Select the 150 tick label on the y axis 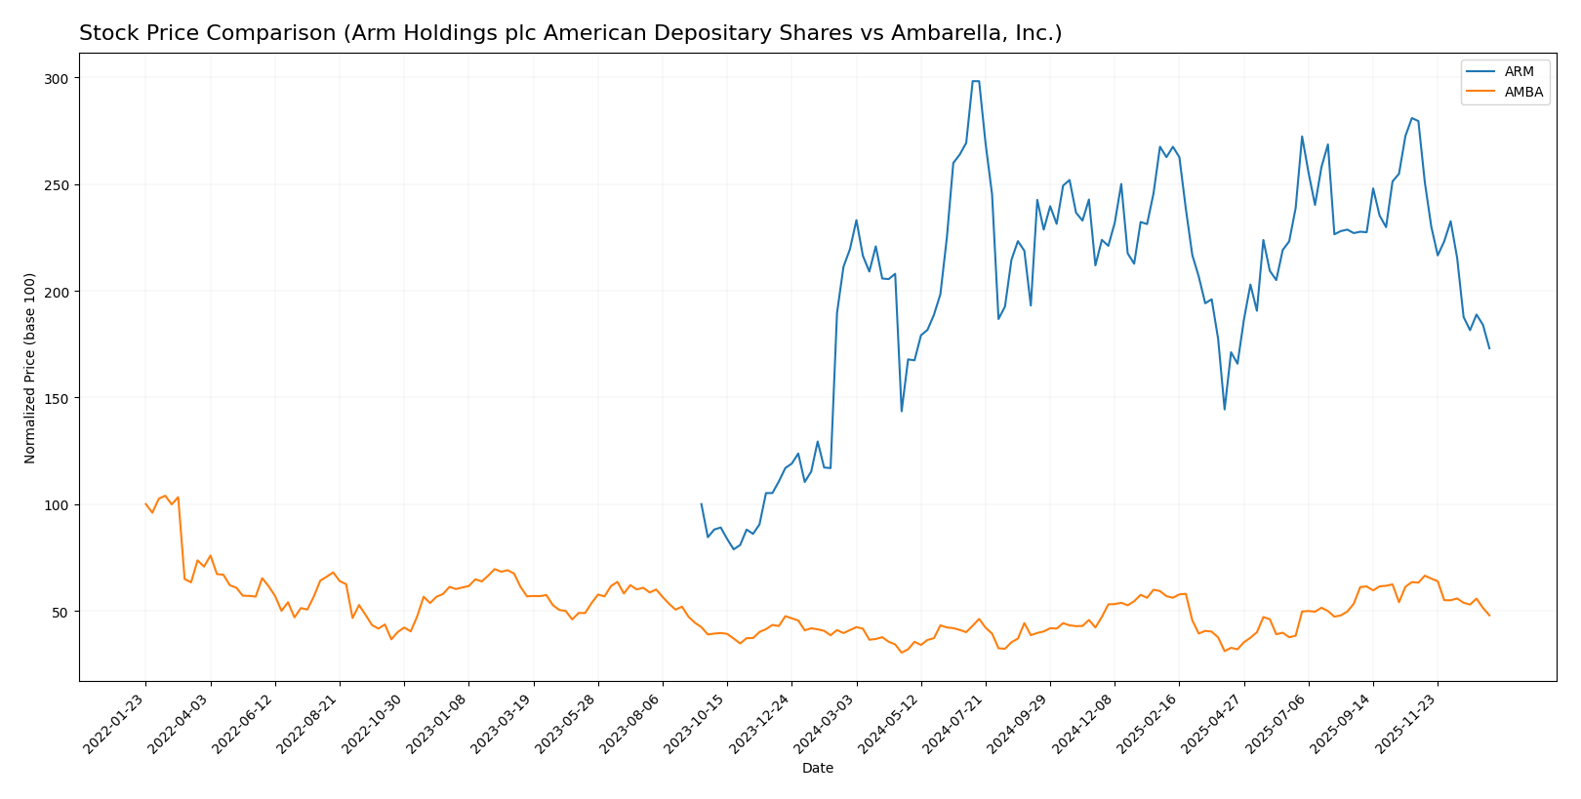click(58, 398)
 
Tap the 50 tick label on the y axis click(61, 612)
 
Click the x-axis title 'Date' click(818, 769)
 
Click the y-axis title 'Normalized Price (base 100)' click(30, 368)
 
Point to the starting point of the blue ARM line click(701, 504)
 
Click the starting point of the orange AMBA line click(145, 504)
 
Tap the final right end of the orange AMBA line click(1489, 616)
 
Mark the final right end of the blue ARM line click(1489, 348)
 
